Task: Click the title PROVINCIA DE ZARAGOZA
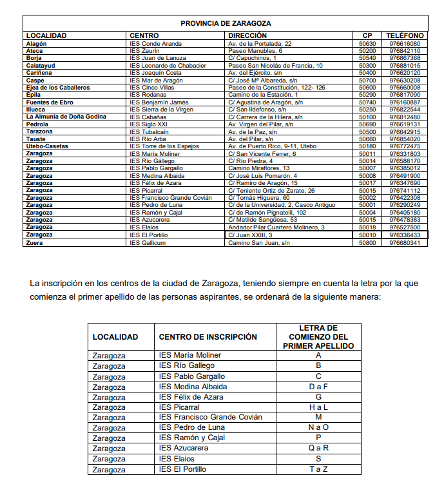[226, 23]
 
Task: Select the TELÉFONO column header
[405, 35]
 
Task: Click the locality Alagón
[37, 43]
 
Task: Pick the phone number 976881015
[405, 65]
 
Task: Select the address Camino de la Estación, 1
[261, 95]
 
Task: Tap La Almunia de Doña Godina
[65, 117]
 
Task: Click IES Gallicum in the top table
[148, 243]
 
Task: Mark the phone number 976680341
[405, 243]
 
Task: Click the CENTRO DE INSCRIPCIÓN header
[208, 337]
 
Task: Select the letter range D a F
[318, 387]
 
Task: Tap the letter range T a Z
[318, 469]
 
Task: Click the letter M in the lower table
[318, 418]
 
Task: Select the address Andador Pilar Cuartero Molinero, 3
[276, 228]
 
